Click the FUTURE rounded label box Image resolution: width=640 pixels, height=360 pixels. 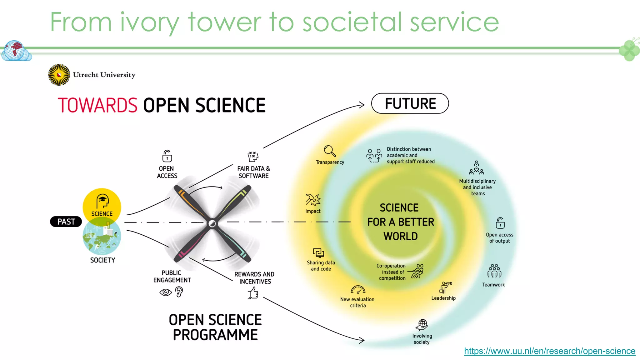(x=410, y=103)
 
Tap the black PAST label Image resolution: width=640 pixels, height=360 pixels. (x=66, y=222)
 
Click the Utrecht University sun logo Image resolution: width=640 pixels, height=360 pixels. (x=59, y=75)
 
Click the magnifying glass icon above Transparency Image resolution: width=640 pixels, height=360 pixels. (x=330, y=151)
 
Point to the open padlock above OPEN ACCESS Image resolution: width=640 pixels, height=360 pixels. (x=167, y=156)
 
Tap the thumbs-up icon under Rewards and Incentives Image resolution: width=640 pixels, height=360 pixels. (x=253, y=293)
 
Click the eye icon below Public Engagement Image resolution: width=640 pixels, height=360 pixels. (x=166, y=292)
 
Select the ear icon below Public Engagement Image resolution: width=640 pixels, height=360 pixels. (x=179, y=292)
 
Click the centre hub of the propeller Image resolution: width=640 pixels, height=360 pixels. (x=212, y=223)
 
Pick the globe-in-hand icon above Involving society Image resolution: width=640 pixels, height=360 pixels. (x=422, y=325)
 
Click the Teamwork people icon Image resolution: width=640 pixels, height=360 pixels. (x=494, y=271)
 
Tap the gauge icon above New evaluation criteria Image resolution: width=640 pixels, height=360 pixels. (x=358, y=290)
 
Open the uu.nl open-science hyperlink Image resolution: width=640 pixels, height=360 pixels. (x=549, y=351)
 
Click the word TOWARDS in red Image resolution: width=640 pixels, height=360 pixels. (x=97, y=105)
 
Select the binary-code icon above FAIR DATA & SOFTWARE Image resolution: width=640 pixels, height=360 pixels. (x=253, y=156)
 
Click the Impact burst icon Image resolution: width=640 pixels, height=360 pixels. (x=313, y=200)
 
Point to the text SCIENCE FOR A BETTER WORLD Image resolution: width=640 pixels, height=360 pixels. (x=400, y=222)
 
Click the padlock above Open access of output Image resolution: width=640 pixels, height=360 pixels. (x=500, y=223)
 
